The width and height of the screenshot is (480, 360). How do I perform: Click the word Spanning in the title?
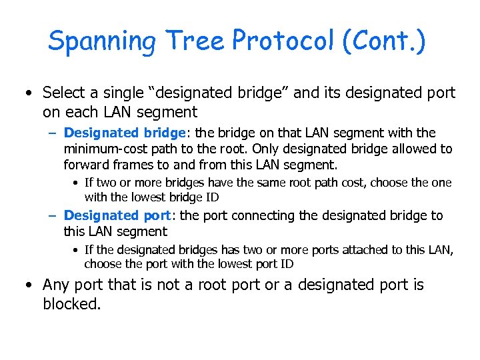click(101, 41)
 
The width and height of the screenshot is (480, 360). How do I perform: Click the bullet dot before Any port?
click(29, 285)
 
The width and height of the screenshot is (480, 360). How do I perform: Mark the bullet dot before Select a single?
click(29, 93)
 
